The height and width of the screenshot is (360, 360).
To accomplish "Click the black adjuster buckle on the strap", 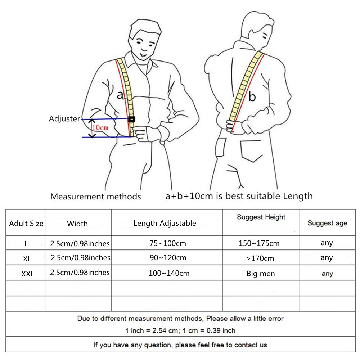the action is click(131, 119).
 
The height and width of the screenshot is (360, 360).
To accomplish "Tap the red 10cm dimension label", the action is click(100, 127).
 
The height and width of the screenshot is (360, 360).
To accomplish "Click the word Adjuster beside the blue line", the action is click(64, 118).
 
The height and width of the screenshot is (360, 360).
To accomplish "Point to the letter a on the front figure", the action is click(120, 95).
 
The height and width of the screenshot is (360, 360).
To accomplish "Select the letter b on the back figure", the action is click(252, 96).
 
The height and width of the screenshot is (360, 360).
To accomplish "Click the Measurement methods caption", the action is click(95, 196).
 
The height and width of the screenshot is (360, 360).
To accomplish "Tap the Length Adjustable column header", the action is click(165, 223).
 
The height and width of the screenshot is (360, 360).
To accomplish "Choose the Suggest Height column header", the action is click(261, 217).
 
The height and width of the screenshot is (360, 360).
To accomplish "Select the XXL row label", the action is click(28, 274).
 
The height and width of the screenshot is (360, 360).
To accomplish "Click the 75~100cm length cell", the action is click(168, 243).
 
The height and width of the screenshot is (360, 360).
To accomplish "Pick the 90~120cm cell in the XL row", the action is click(168, 258).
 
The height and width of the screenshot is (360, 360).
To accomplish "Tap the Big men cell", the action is click(261, 274).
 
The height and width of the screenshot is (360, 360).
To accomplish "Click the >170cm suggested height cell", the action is click(260, 258).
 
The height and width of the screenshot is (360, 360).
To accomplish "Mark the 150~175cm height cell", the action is click(259, 243).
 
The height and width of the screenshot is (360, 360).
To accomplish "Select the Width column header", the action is click(77, 224).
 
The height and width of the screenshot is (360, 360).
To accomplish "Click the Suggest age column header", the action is click(327, 223).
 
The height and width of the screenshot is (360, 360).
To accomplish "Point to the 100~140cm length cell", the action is click(169, 273).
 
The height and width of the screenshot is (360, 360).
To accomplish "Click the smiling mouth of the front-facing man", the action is click(144, 55).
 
